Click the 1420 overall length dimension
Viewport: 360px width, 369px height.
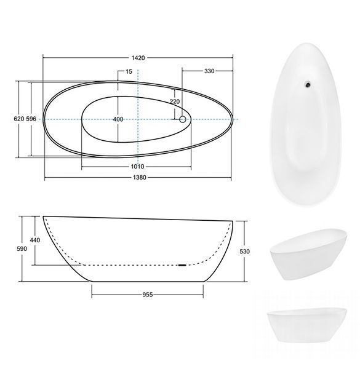point(138,58)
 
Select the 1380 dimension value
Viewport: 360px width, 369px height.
point(140,178)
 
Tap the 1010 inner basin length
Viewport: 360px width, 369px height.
point(137,167)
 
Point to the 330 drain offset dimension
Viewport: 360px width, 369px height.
point(209,71)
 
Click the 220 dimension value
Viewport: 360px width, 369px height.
point(175,101)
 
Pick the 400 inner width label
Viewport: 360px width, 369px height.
point(118,119)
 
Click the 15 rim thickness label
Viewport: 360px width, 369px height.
point(129,71)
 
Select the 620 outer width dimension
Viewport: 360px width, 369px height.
point(19,119)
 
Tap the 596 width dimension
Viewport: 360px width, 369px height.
point(31,119)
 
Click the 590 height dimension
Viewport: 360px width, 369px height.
point(22,248)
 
